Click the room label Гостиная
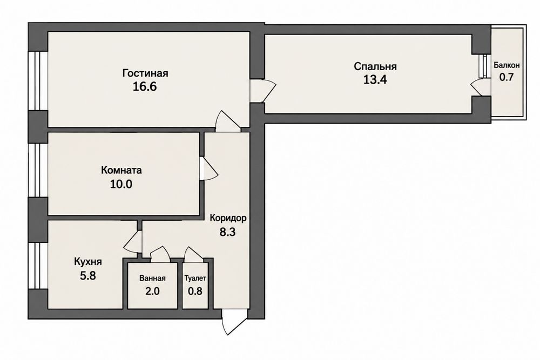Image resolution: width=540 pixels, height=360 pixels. coord(145,73)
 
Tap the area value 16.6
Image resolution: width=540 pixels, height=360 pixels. coord(145,86)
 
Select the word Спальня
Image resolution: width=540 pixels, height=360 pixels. coord(375,66)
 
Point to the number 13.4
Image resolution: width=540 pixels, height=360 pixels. coord(375,80)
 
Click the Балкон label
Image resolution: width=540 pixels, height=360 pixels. coord(507,65)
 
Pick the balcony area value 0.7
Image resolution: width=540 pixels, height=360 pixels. coord(507,77)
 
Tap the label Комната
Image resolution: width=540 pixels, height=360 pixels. coord(121,170)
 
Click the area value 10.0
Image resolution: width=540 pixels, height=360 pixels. coord(121,184)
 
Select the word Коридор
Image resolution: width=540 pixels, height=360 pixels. coord(228,218)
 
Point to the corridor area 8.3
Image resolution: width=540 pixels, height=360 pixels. coord(228,232)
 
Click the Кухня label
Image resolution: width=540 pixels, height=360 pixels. coord(88,262)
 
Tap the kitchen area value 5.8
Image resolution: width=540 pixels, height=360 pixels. coord(88,276)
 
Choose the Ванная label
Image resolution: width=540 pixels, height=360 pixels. coord(153,278)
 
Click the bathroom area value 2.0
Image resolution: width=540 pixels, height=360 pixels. coord(152,291)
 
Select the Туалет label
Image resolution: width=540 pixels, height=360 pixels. coord(195,278)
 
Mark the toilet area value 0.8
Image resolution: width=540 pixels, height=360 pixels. coord(195,291)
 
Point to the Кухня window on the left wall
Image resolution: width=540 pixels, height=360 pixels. coord(38,266)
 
